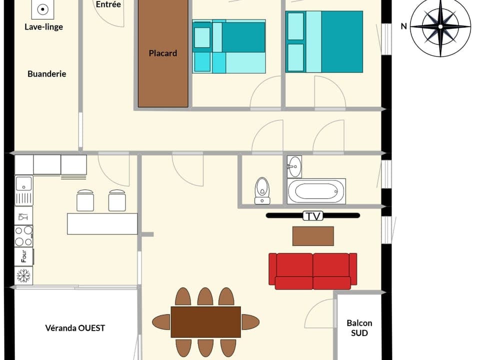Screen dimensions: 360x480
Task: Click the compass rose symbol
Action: [440, 27]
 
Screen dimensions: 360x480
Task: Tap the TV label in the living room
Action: [313, 216]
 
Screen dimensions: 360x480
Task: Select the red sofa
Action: [313, 270]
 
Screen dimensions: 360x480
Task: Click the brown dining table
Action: [205, 322]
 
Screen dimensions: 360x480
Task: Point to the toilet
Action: [262, 190]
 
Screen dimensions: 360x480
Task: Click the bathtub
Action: [316, 191]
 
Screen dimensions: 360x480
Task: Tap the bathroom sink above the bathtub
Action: [294, 166]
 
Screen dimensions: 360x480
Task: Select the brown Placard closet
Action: [163, 53]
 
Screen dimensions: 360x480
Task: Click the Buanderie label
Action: [46, 74]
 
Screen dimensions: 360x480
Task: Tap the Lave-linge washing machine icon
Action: [43, 9]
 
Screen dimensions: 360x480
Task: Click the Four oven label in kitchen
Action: [24, 256]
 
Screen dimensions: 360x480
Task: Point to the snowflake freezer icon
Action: [23, 275]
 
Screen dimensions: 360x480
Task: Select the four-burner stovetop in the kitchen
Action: [23, 236]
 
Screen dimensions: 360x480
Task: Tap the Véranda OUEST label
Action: [75, 328]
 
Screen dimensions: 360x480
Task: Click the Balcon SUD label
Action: [359, 327]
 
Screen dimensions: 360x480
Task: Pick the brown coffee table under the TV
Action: [313, 236]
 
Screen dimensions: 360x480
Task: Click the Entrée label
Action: [108, 4]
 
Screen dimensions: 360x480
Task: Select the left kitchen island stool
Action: [85, 200]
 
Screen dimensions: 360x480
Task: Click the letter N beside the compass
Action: [403, 26]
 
